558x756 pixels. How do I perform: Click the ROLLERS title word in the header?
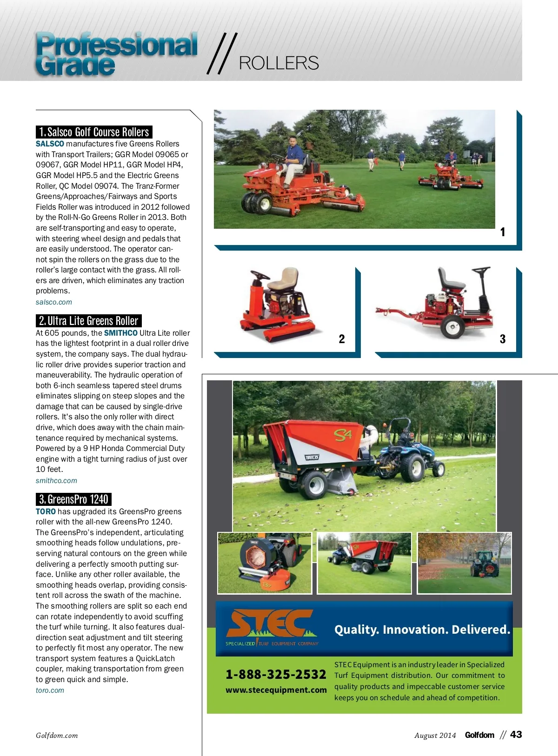(279, 63)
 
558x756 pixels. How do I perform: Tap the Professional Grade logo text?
(116, 54)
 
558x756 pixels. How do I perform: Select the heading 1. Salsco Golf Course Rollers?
(94, 132)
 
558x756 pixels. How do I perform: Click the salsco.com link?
(54, 302)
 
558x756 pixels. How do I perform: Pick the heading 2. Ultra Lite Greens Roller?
(88, 321)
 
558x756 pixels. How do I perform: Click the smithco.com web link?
(56, 481)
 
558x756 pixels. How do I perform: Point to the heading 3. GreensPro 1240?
(73, 499)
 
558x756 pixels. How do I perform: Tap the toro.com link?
(50, 690)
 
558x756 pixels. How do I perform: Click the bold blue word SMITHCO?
(120, 333)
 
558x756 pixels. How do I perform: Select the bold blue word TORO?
(46, 511)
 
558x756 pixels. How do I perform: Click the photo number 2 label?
(342, 339)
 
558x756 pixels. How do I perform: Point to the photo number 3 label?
(503, 339)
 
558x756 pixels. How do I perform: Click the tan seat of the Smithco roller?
(283, 278)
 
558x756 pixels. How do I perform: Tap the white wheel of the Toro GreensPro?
(452, 327)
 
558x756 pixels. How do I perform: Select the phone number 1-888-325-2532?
(276, 674)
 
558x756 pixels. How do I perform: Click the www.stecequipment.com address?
(276, 690)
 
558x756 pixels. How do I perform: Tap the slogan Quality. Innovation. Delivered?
(422, 630)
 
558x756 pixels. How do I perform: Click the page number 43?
(516, 735)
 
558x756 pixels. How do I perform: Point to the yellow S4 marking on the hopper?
(343, 436)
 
